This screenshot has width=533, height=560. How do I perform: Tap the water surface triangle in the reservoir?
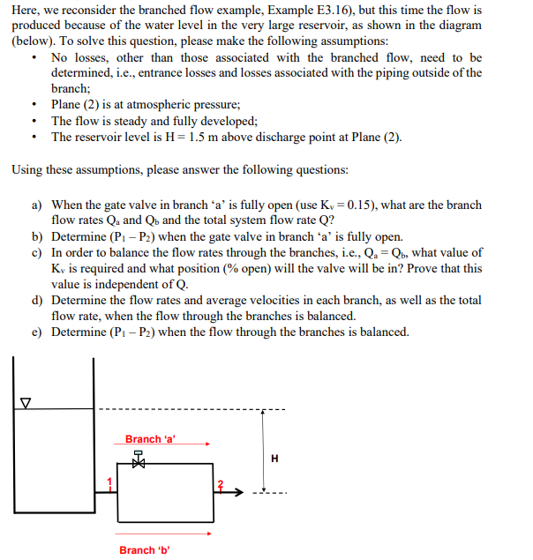click(x=26, y=405)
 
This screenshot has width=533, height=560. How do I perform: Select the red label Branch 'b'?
click(x=144, y=550)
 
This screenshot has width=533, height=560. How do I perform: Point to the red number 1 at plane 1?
click(x=110, y=482)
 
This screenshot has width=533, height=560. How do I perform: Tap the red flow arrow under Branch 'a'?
click(x=162, y=446)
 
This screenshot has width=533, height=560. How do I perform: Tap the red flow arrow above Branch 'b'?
click(x=162, y=533)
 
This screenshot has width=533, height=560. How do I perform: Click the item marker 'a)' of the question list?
click(x=38, y=205)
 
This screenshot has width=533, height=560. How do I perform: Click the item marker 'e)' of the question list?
click(x=38, y=332)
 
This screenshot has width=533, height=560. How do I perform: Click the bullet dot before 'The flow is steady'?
click(x=33, y=121)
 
